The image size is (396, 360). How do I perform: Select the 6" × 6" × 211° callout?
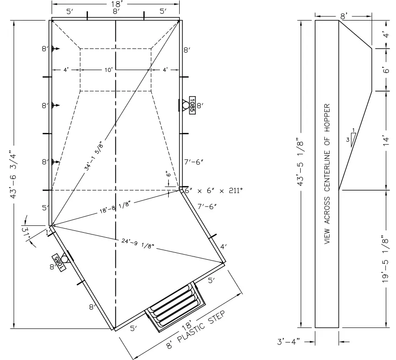coord(214,190)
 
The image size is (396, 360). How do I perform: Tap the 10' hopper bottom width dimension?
coord(109,70)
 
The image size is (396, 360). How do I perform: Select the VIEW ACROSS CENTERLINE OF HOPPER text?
coord(328,174)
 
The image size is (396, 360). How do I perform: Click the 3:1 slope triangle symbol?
coord(352,137)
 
